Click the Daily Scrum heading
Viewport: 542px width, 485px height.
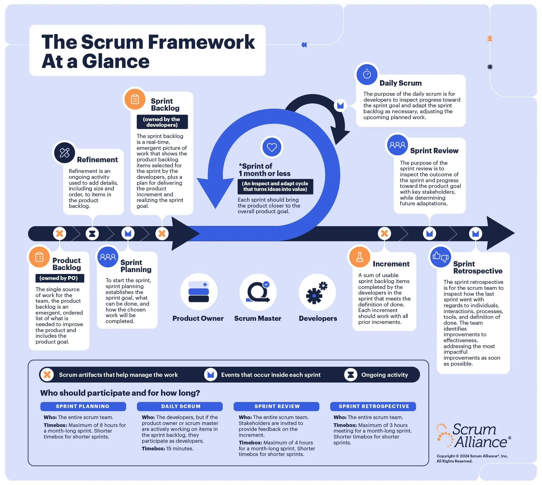tap(400, 83)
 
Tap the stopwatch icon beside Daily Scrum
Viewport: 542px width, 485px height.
tap(367, 74)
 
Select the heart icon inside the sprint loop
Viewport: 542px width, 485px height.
tap(271, 147)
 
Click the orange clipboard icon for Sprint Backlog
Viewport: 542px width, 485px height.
tap(135, 99)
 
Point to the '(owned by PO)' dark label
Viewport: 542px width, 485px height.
tap(59, 278)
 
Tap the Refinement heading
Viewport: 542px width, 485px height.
tap(97, 160)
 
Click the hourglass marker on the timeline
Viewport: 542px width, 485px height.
tap(92, 233)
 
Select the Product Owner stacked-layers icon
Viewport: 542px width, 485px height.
tap(198, 292)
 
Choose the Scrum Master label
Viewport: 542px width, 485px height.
tap(257, 318)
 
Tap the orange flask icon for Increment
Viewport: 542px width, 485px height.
tap(360, 257)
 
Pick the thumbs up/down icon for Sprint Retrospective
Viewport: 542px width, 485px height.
tap(440, 257)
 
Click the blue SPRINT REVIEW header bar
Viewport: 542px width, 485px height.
tap(276, 406)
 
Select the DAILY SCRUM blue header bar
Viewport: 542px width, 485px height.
tap(180, 406)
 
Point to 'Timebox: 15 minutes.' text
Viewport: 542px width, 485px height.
tap(167, 448)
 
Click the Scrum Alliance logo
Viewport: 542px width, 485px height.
tap(474, 436)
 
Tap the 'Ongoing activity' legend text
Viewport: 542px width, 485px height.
tap(384, 375)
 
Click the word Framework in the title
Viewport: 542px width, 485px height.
tap(201, 42)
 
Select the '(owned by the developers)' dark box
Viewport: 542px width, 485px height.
tap(162, 122)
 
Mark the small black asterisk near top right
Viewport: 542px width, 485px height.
tap(490, 67)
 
